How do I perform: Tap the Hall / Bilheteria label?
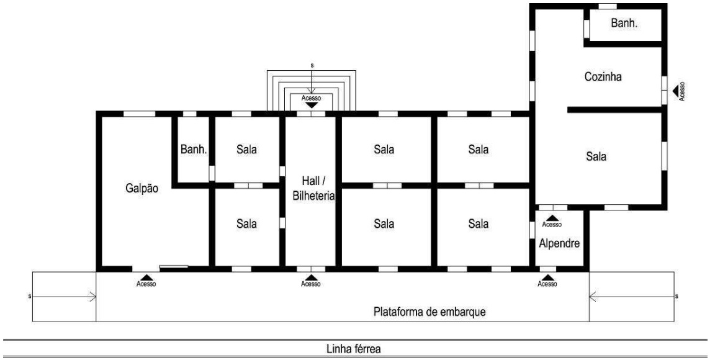[x=313, y=189]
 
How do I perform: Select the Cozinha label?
[x=603, y=76]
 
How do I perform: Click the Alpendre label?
[x=559, y=243]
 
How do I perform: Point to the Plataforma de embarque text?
[x=429, y=312]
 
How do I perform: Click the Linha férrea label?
[x=353, y=349]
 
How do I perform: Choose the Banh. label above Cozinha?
[x=624, y=23]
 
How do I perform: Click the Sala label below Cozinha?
[x=596, y=156]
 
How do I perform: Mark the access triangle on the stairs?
[x=311, y=105]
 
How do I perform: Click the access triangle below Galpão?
[x=146, y=277]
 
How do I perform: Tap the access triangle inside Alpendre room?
[x=552, y=218]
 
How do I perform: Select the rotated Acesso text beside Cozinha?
[x=682, y=91]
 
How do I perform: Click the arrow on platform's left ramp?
[x=65, y=297]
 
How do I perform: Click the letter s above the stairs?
[x=312, y=66]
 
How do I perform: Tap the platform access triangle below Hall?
[x=311, y=277]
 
